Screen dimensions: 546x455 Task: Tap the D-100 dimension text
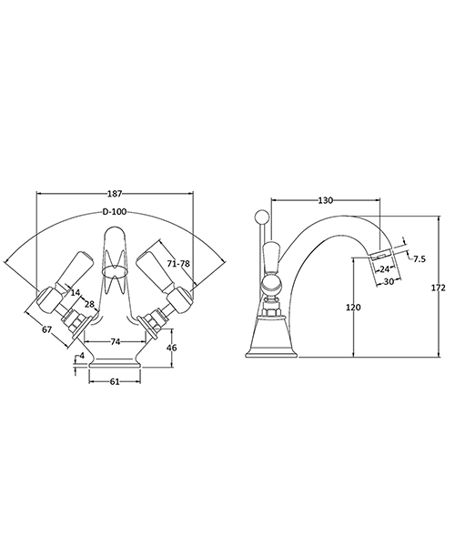[114, 211]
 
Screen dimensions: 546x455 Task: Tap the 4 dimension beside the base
[82, 356]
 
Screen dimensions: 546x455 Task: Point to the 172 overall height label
[438, 288]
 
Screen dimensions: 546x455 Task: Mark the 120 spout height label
[354, 308]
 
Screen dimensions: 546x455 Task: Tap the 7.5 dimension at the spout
[420, 259]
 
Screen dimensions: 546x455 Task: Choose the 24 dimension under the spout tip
[386, 269]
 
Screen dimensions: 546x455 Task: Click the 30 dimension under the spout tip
[389, 281]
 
